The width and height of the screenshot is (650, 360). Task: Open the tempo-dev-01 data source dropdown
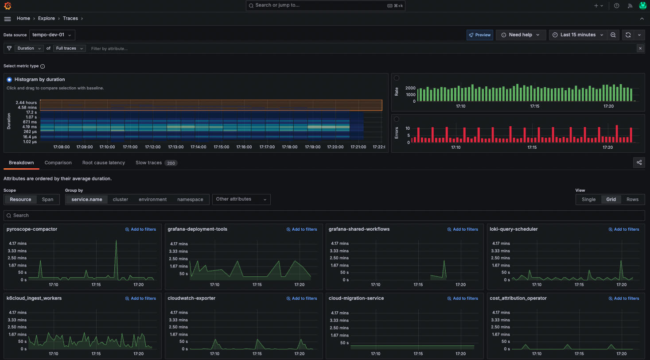pos(52,35)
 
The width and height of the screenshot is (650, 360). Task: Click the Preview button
pos(480,35)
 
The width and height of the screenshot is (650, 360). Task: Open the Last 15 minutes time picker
pos(577,35)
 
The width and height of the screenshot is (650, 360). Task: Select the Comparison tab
pos(58,163)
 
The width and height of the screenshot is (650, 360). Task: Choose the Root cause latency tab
pos(104,163)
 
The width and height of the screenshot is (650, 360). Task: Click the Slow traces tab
pos(149,163)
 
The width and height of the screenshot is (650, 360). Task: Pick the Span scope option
pos(47,200)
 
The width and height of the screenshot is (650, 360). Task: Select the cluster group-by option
pos(121,200)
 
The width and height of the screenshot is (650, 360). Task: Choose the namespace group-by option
pos(190,200)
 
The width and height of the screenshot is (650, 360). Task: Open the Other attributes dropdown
pos(241,199)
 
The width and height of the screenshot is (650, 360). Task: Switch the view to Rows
pos(632,200)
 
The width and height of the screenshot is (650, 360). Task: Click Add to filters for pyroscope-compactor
pos(141,229)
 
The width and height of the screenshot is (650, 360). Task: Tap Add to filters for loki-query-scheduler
pos(624,229)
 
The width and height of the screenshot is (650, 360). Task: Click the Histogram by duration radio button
pos(9,80)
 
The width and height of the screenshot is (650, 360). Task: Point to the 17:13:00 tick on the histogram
pos(176,147)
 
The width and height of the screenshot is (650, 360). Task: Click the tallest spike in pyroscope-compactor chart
pos(117,241)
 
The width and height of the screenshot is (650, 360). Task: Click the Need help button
pos(520,35)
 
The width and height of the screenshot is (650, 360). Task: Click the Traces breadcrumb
pos(70,19)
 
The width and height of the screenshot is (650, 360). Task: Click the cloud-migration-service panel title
pos(356,298)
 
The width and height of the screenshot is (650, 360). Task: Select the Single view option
pos(588,200)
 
